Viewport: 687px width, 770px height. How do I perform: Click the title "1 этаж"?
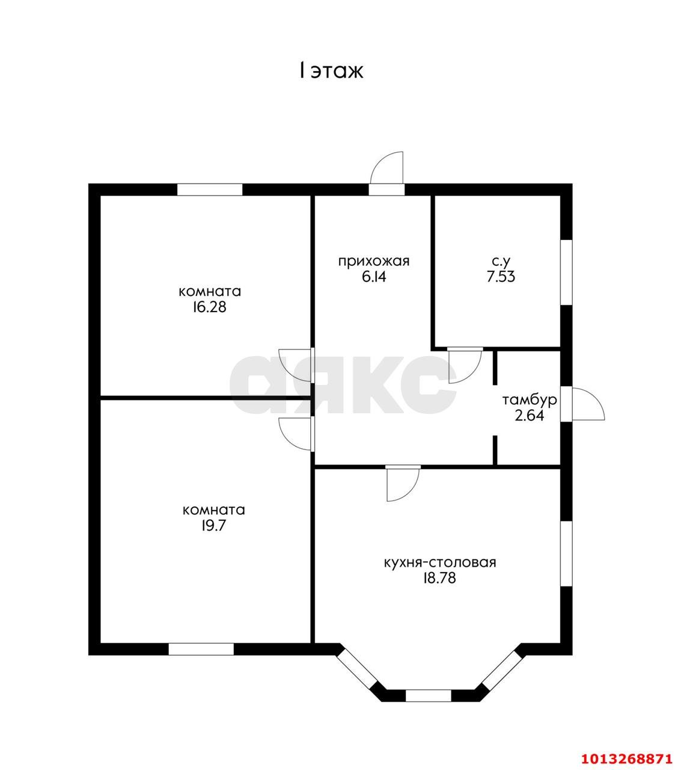[x=331, y=71]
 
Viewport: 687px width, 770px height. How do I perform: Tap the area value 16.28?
[x=210, y=307]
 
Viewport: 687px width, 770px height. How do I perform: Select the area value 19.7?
[x=214, y=525]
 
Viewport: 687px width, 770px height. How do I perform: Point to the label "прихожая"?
[x=374, y=262]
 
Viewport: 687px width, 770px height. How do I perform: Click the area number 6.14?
[x=374, y=277]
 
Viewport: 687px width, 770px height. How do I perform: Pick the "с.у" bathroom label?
[x=501, y=262]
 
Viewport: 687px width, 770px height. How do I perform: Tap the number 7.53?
[x=501, y=277]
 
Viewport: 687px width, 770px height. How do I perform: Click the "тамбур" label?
[x=530, y=400]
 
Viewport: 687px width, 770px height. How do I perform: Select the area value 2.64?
[x=530, y=416]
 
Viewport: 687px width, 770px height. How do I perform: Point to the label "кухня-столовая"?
[x=440, y=562]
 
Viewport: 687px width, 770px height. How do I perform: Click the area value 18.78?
[x=439, y=578]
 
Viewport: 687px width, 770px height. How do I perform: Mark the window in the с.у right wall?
[x=567, y=272]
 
